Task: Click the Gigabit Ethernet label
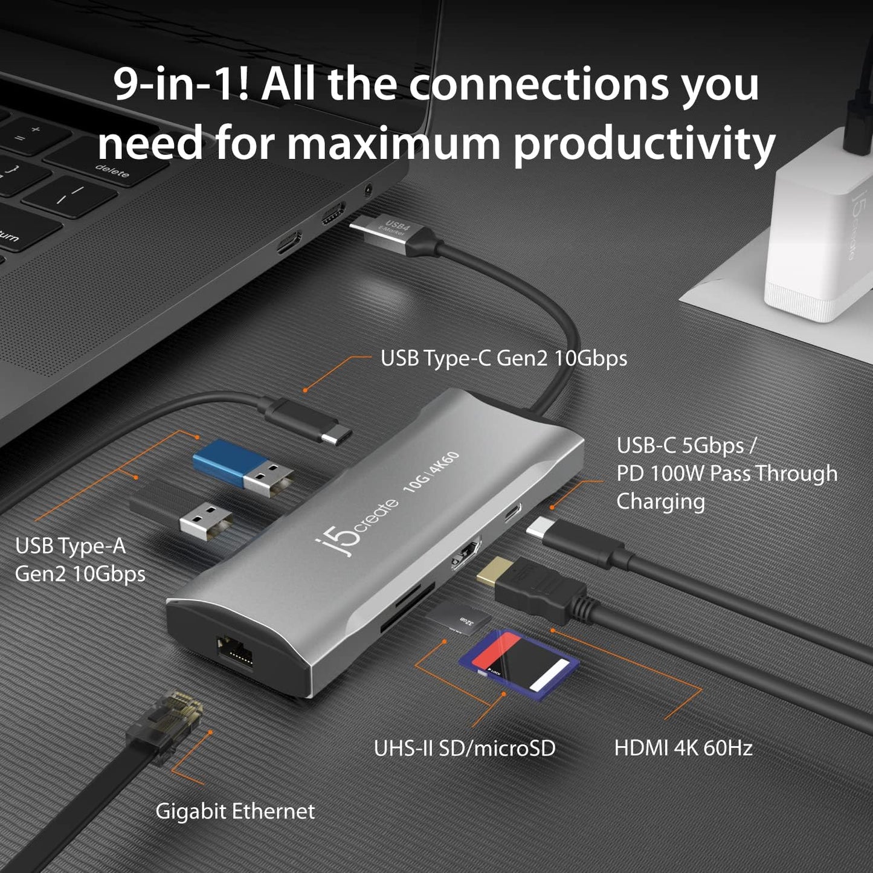(235, 811)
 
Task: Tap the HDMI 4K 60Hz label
(683, 748)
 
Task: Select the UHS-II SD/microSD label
(464, 748)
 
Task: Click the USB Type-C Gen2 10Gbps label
(503, 358)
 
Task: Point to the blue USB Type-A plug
(242, 464)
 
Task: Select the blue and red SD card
(520, 663)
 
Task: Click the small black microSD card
(466, 619)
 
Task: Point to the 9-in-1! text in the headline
(181, 85)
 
